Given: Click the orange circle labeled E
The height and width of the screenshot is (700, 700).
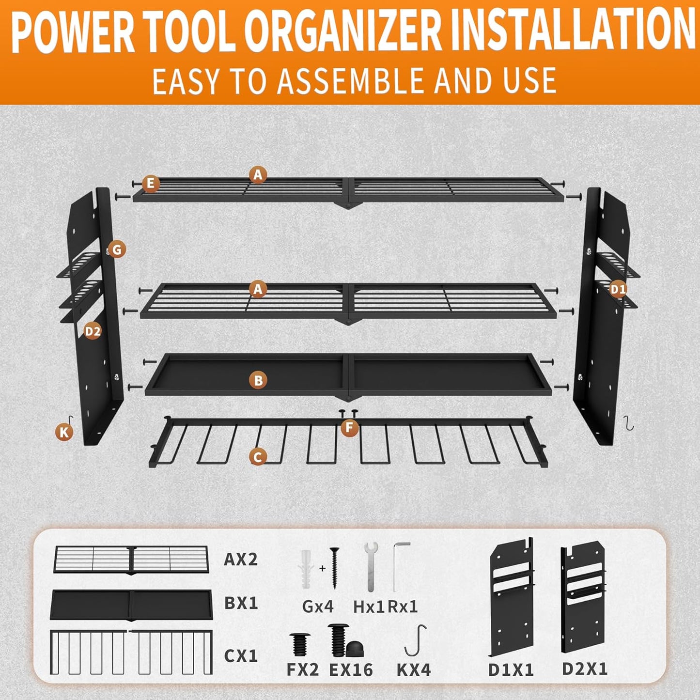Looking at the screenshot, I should click(x=151, y=184).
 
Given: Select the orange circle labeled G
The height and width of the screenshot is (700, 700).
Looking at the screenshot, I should click(x=116, y=249).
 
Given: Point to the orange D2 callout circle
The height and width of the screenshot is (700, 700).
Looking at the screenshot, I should click(x=93, y=331).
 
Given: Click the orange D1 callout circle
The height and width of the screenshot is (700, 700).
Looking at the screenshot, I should click(x=618, y=289).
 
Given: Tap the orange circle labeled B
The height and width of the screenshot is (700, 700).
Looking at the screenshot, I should click(x=258, y=380).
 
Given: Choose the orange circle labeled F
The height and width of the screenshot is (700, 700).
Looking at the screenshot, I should click(x=349, y=428).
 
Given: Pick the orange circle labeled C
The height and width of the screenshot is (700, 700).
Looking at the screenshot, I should click(x=258, y=456).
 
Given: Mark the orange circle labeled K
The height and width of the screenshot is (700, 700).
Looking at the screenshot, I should click(x=64, y=432).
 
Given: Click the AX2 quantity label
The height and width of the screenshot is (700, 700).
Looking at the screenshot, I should click(x=241, y=560).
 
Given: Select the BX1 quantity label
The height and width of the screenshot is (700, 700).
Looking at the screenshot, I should click(x=241, y=603).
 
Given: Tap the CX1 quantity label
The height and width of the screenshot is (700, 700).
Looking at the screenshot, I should click(x=241, y=656).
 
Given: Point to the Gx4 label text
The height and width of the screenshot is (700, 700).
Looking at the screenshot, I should click(x=318, y=606).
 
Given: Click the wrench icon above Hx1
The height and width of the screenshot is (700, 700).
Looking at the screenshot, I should click(x=371, y=565).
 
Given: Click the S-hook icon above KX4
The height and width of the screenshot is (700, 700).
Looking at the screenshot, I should click(x=416, y=640).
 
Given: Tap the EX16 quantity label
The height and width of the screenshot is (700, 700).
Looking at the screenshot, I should click(x=351, y=669).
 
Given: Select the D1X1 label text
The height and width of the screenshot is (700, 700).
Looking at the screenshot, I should click(x=511, y=669).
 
